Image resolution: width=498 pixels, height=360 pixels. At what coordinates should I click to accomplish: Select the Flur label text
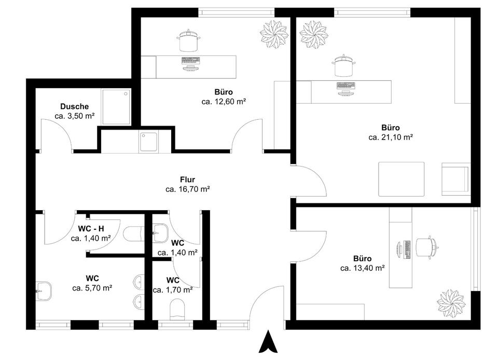pyautogui.click(x=187, y=179)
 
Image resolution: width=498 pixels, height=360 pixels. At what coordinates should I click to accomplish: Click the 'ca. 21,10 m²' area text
pyautogui.click(x=391, y=137)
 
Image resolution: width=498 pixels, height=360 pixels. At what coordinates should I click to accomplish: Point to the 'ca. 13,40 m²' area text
pyautogui.click(x=362, y=268)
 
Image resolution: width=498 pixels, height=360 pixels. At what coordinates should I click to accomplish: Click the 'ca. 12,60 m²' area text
pyautogui.click(x=224, y=102)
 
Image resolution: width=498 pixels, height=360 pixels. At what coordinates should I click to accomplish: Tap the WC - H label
pyautogui.click(x=91, y=229)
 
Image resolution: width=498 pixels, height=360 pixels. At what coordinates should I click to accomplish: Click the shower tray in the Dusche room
pyautogui.click(x=116, y=107)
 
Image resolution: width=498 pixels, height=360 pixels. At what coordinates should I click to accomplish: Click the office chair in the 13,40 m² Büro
pyautogui.click(x=427, y=248)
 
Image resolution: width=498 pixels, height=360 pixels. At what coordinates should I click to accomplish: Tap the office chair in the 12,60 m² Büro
pyautogui.click(x=189, y=41)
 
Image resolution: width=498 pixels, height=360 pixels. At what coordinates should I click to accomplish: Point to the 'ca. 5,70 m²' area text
pyautogui.click(x=92, y=287)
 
